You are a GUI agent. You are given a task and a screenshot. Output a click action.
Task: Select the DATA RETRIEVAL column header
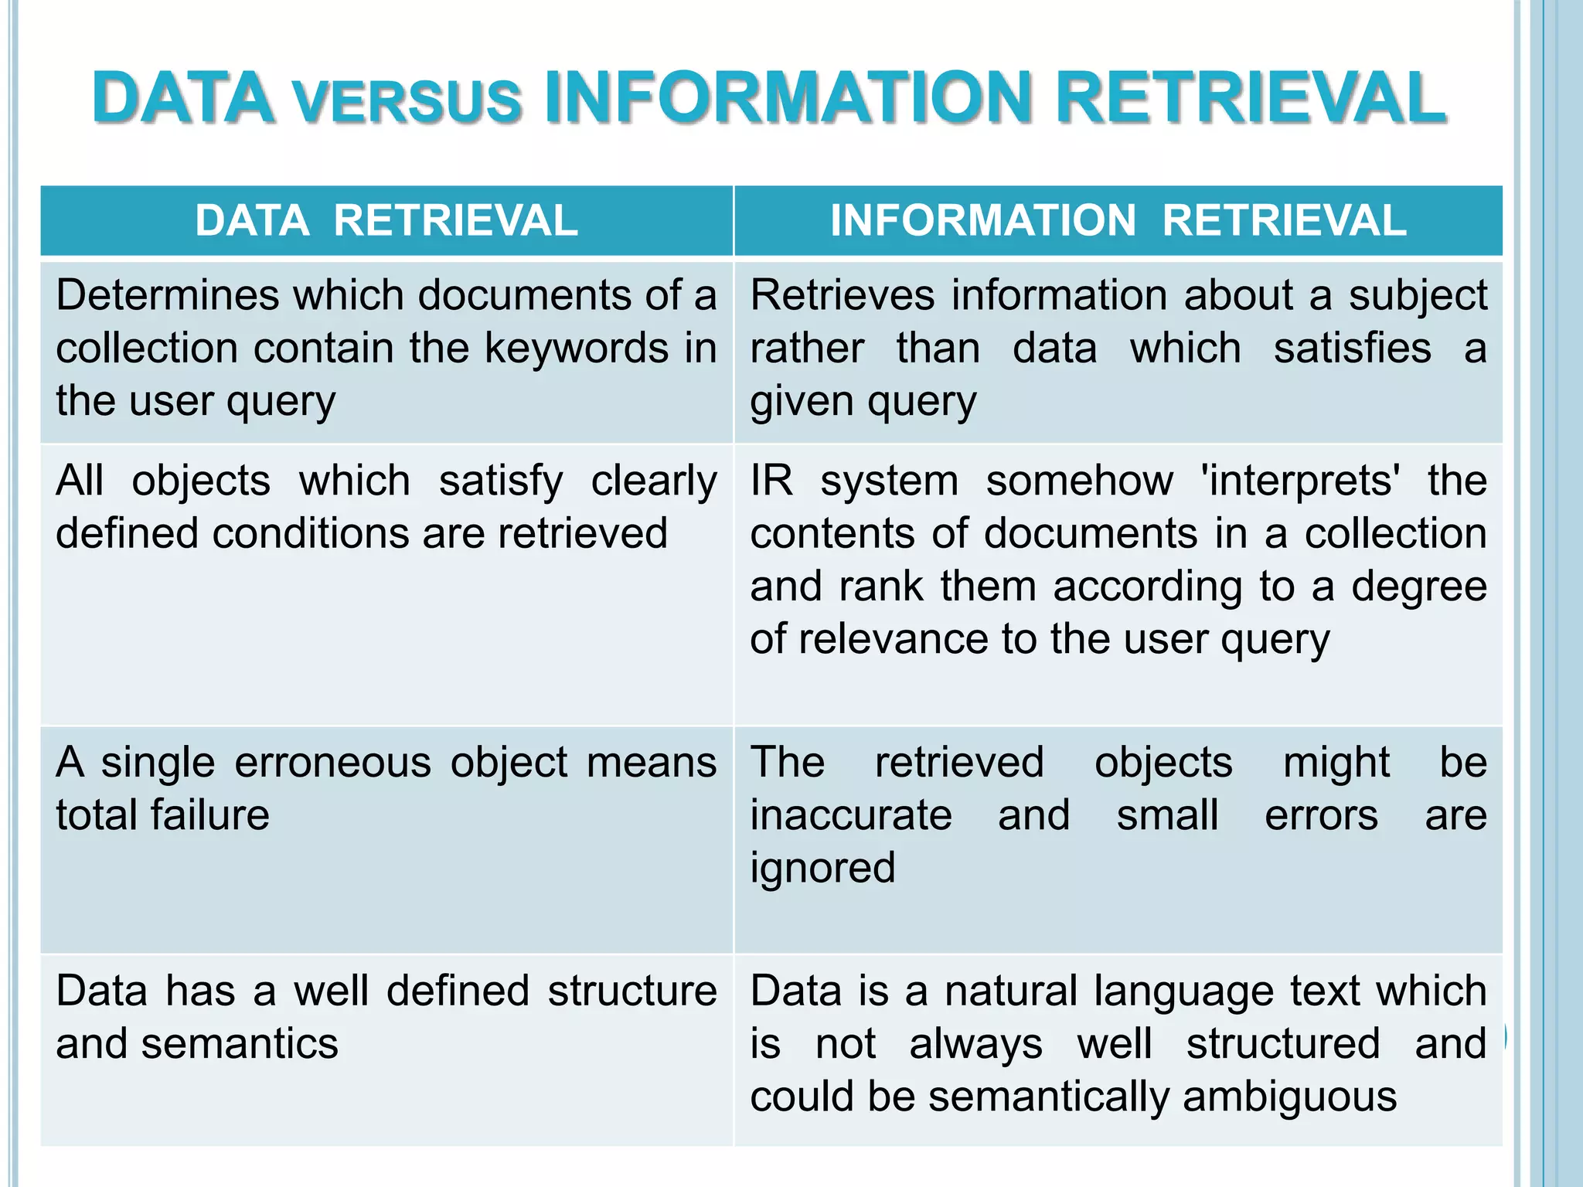pos(386,220)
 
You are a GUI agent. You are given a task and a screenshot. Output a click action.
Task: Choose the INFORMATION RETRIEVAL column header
pos(1118,220)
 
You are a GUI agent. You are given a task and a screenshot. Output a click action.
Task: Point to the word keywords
pos(577,348)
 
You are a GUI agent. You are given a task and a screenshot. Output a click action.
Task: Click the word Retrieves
pos(842,295)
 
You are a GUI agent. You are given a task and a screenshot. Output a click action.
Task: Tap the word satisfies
pos(1352,348)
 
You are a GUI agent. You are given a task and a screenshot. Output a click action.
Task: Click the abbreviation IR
pos(771,481)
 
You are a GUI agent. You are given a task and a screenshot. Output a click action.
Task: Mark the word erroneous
pos(332,763)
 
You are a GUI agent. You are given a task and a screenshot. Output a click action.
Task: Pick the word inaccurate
pos(851,815)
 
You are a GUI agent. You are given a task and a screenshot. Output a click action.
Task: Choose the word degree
pos(1419,587)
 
